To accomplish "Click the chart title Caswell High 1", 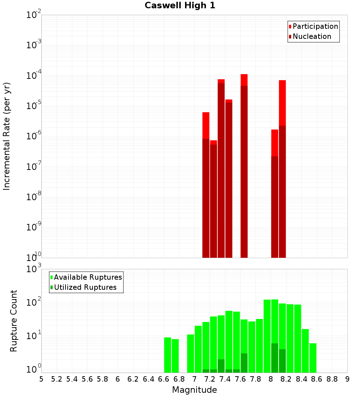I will [x=180, y=6].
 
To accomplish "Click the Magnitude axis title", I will [x=194, y=390].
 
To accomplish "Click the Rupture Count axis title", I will [x=14, y=321].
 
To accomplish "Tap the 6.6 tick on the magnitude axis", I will [x=164, y=379].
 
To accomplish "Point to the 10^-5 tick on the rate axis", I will [x=34, y=106].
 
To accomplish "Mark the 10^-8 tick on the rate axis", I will [x=34, y=197].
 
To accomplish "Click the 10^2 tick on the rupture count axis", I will [x=34, y=302].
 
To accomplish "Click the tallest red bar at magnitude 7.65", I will [x=244, y=166].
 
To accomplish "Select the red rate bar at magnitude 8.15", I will [x=282, y=169].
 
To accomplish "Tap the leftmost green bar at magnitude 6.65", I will [x=167, y=355].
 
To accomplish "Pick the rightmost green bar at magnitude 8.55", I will [x=313, y=358].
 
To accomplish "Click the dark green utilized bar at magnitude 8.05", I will [x=275, y=358].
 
